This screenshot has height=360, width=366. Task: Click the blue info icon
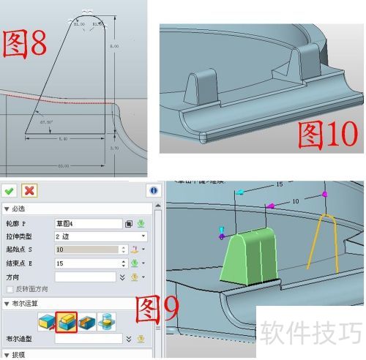click(x=154, y=190)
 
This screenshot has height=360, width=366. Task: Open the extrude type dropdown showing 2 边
click(x=100, y=236)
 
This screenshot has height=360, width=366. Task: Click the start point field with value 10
click(x=84, y=250)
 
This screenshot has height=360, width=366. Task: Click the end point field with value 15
click(x=84, y=263)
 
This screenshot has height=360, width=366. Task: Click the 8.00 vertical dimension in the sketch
click(x=113, y=46)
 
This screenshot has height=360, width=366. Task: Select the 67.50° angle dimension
click(x=47, y=121)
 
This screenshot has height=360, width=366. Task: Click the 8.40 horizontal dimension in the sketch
click(x=62, y=138)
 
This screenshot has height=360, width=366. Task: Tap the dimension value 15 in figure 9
click(x=279, y=185)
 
